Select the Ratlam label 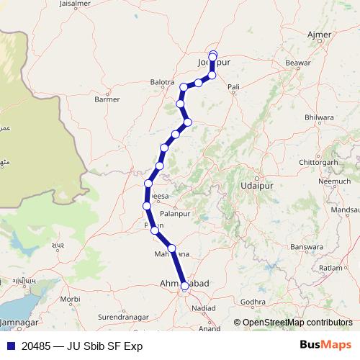(x=331, y=268)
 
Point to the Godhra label (x=253, y=302)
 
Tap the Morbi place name (x=71, y=298)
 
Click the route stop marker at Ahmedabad (x=185, y=286)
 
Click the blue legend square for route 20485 (x=11, y=346)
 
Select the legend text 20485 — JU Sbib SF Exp (x=82, y=346)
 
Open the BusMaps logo (x=325, y=346)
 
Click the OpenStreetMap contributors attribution (x=297, y=323)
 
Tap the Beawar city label (x=297, y=63)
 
